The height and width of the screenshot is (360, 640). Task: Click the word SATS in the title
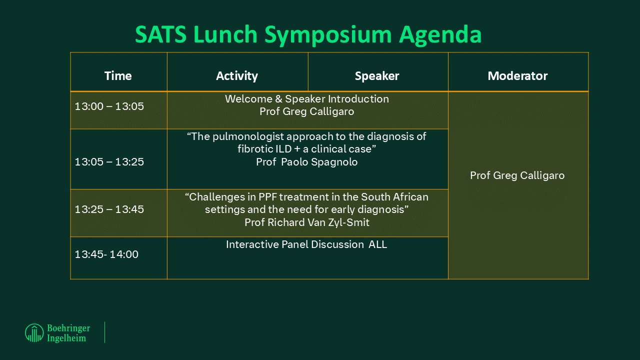point(160,34)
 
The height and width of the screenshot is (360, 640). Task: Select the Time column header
point(118,75)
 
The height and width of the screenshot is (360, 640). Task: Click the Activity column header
point(237,76)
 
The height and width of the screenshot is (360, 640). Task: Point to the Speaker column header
point(377,76)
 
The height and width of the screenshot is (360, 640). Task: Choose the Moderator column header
point(517,75)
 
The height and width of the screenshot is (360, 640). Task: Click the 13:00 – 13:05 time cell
point(109,106)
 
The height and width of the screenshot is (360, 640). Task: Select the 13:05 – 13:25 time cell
point(109,162)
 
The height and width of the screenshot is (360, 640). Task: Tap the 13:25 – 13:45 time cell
point(109,209)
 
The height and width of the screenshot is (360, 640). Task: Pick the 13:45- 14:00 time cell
point(106,254)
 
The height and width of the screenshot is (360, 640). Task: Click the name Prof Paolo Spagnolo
point(306,162)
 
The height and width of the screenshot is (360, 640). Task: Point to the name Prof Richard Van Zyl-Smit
point(307,222)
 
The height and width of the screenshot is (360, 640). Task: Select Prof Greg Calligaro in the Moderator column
point(517,175)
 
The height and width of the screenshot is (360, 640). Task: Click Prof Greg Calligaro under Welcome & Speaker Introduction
point(306,111)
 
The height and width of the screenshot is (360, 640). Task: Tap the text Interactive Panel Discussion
point(295,244)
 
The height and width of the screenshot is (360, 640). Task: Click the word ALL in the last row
point(377,244)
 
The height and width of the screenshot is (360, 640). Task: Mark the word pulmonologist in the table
point(248,136)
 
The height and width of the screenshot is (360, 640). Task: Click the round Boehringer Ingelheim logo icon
point(34,333)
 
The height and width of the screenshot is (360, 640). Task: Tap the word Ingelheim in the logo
point(66,338)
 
